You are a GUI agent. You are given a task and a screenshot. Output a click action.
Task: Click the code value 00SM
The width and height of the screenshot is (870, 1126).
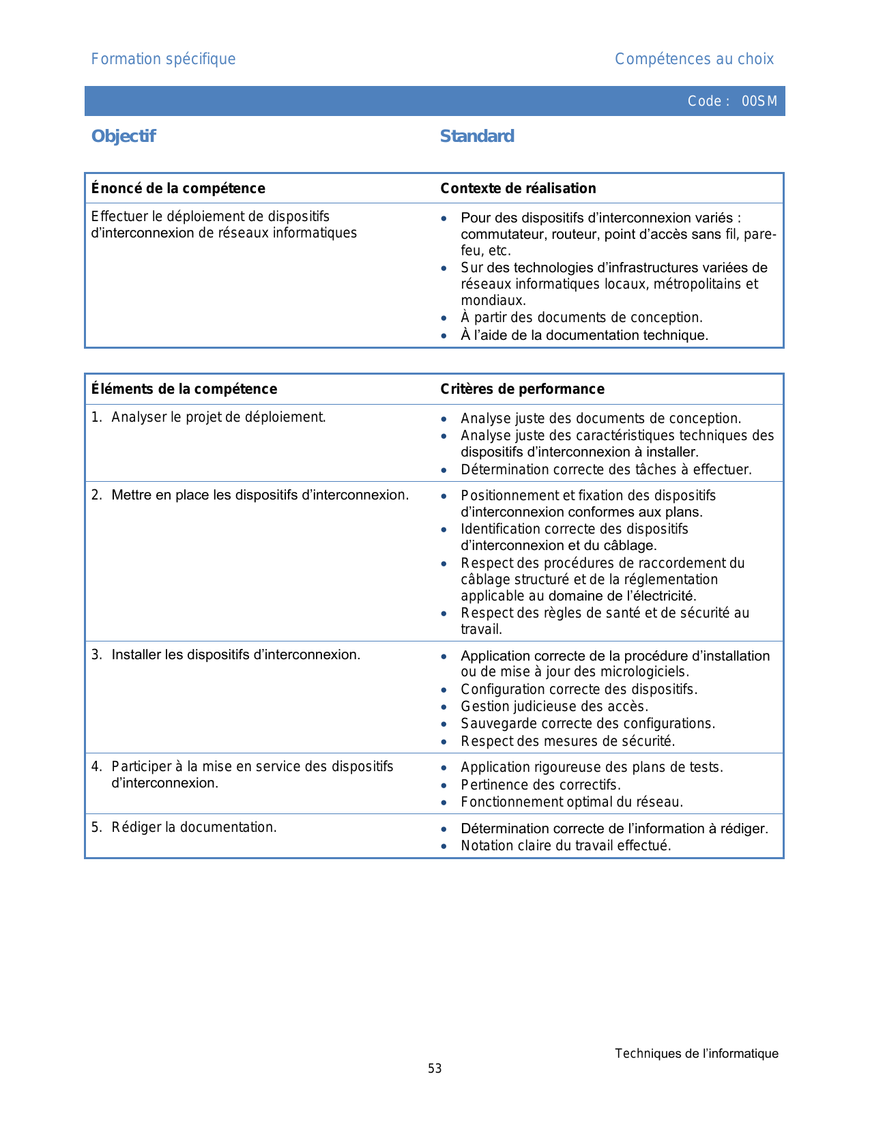click(759, 102)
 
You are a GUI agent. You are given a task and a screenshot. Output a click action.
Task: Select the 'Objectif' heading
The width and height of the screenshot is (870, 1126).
click(124, 136)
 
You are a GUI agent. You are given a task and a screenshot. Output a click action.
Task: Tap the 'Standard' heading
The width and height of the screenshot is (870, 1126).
click(477, 136)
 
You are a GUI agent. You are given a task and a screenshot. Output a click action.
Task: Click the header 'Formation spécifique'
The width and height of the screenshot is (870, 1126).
click(163, 59)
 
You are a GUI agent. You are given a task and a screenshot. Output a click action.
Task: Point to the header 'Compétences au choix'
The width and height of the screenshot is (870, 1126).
click(694, 59)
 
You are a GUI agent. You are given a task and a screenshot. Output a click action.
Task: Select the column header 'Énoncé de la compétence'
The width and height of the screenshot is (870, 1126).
click(178, 188)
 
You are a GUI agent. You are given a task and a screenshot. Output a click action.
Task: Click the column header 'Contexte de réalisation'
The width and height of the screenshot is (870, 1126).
click(518, 188)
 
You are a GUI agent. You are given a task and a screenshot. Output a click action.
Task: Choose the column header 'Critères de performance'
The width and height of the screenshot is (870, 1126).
click(522, 389)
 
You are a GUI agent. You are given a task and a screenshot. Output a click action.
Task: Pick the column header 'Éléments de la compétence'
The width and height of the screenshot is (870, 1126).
click(184, 389)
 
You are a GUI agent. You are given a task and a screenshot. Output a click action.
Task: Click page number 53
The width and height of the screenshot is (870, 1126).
click(435, 1069)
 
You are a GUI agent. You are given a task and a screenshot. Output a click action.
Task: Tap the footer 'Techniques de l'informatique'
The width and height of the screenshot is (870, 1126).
click(696, 1054)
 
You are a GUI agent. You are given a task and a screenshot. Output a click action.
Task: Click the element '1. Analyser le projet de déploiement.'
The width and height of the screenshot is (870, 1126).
click(209, 417)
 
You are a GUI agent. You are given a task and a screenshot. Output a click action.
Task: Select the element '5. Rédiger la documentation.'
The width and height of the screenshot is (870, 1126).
click(184, 828)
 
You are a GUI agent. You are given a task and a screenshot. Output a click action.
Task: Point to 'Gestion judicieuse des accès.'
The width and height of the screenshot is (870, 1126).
click(554, 706)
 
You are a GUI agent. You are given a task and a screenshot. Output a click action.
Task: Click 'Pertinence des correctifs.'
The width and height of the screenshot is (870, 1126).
click(540, 785)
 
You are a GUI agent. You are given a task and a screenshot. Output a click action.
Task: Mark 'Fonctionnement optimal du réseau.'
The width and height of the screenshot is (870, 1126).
click(572, 802)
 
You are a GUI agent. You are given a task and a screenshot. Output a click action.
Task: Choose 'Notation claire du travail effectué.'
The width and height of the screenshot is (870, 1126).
click(566, 846)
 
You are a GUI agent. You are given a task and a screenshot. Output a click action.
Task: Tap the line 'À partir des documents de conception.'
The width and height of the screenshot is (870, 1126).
click(581, 317)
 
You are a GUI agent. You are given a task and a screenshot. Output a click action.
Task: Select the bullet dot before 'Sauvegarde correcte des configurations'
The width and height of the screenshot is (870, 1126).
click(444, 724)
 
